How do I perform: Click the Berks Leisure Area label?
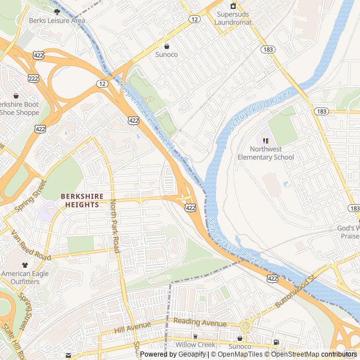pyautogui.click(x=57, y=21)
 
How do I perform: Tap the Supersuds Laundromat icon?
pyautogui.click(x=233, y=6)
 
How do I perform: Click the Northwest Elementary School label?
pyautogui.click(x=273, y=153)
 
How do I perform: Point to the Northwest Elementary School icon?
pyautogui.click(x=265, y=140)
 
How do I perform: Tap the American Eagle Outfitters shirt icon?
pyautogui.click(x=25, y=264)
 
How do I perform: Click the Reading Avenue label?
pyautogui.click(x=200, y=323)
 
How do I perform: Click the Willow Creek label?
pyautogui.click(x=195, y=344)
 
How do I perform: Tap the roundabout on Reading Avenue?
pyautogui.click(x=245, y=326)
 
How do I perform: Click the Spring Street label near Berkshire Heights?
pyautogui.click(x=30, y=196)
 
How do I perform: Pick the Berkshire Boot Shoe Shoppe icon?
pyautogui.click(x=16, y=96)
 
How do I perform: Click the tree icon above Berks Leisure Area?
pyautogui.click(x=57, y=11)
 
